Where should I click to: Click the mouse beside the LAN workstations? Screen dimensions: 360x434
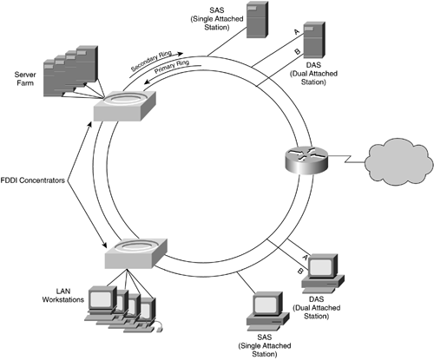pos(159,327)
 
